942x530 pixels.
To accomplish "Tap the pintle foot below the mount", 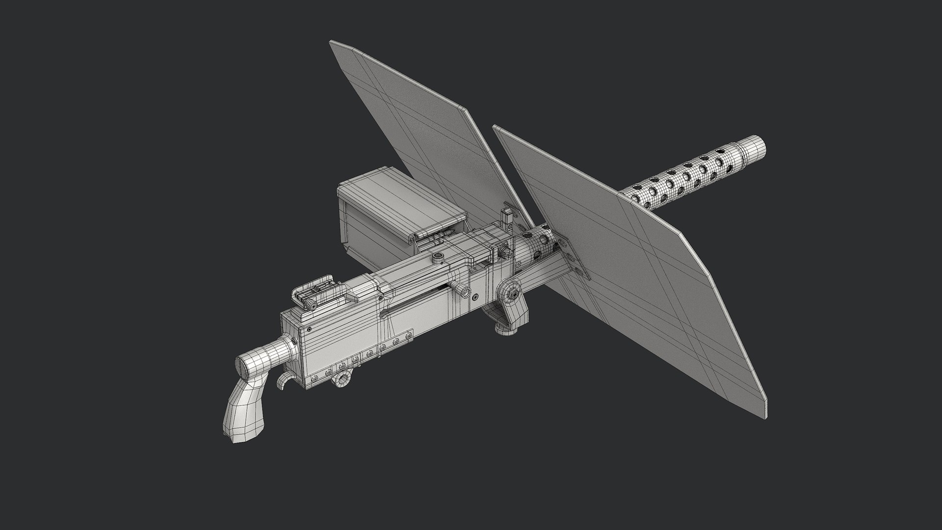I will point(505,330).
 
